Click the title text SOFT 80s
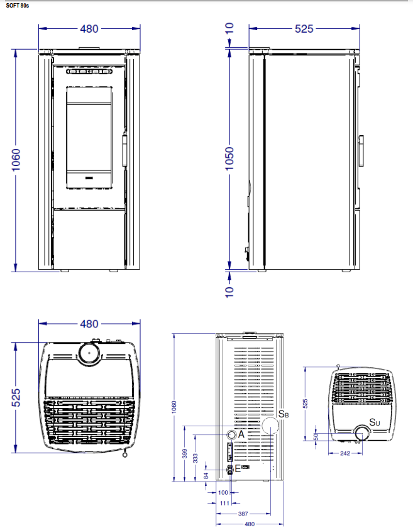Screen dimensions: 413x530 [x=17, y=6]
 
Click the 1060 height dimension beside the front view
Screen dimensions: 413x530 [x=16, y=160]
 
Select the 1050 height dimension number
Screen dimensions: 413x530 [x=229, y=158]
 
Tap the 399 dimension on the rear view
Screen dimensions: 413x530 [x=185, y=453]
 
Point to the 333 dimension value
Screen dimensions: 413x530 [x=195, y=458]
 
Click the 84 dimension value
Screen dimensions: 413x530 [x=206, y=476]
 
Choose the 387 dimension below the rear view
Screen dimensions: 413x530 [x=243, y=514]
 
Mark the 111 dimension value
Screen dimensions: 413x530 [x=225, y=504]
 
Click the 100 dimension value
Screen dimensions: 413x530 [x=223, y=492]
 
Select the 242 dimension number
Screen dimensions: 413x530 [x=345, y=453]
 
